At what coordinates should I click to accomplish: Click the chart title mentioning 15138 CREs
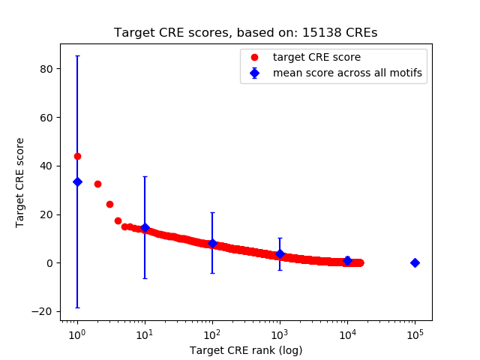[x=246, y=33]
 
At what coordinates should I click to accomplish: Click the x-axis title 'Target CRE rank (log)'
[x=246, y=349]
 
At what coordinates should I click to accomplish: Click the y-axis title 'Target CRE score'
[x=20, y=182]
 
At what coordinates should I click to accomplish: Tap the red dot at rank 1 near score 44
[x=77, y=156]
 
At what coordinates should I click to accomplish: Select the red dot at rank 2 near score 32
[x=97, y=184]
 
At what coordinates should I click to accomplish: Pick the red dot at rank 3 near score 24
[x=109, y=204]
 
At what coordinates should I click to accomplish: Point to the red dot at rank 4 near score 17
[x=118, y=220]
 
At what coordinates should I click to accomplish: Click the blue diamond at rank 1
[x=77, y=181]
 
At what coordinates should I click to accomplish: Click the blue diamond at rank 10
[x=145, y=227]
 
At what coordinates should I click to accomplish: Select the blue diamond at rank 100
[x=212, y=243]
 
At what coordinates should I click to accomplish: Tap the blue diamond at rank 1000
[x=280, y=253]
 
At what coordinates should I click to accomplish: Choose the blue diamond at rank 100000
[x=415, y=262]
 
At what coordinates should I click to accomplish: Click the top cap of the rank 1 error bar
[x=77, y=55]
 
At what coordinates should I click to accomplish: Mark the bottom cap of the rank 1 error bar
[x=77, y=307]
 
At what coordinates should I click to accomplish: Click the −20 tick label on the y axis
[x=45, y=311]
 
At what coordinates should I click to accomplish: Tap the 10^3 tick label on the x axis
[x=280, y=334]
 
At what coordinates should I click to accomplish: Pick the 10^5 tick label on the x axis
[x=415, y=334]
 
